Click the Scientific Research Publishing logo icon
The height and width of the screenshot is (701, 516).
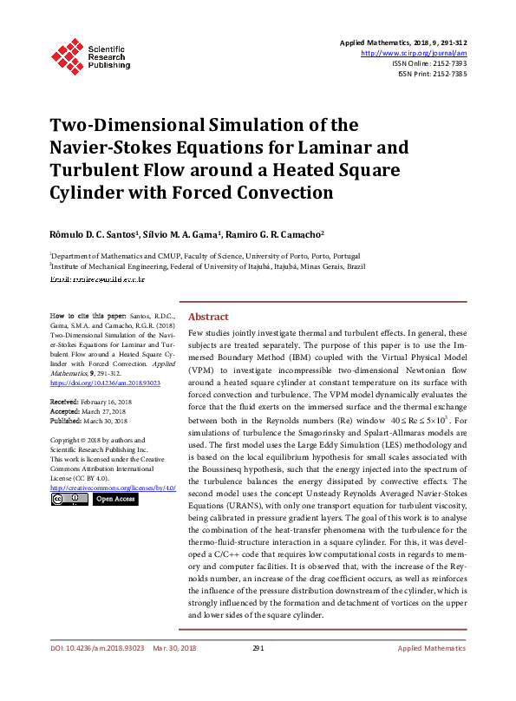pyautogui.click(x=68, y=53)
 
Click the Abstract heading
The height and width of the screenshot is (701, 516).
pyautogui.click(x=208, y=318)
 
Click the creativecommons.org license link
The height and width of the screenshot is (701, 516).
pyautogui.click(x=113, y=487)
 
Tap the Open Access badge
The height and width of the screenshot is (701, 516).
pyautogui.click(x=114, y=499)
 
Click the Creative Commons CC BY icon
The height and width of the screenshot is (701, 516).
pyautogui.click(x=69, y=499)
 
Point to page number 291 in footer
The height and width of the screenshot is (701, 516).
pyautogui.click(x=258, y=672)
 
